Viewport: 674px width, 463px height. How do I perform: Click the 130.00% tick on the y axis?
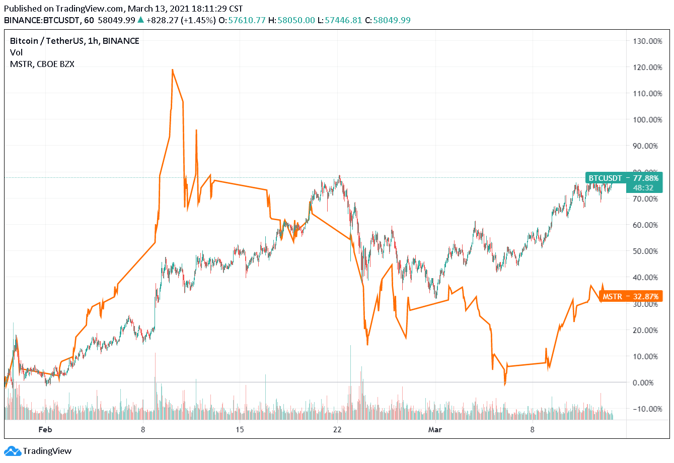point(647,41)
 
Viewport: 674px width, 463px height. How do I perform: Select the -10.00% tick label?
point(647,409)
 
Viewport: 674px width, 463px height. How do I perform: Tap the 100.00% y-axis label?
point(647,119)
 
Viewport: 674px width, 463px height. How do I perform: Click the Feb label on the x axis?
point(45,429)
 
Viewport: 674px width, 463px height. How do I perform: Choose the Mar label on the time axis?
point(435,429)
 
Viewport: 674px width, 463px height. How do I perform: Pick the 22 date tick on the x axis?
point(337,429)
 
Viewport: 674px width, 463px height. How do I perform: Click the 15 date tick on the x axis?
point(240,429)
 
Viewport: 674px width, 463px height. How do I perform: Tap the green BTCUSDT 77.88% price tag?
point(623,178)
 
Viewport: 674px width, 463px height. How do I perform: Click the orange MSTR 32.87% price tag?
point(630,296)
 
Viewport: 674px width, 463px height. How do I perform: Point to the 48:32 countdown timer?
point(643,188)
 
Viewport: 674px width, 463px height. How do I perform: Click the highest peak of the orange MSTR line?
point(173,70)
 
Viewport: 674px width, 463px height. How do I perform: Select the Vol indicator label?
point(16,52)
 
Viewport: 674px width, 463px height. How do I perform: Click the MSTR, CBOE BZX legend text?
point(42,64)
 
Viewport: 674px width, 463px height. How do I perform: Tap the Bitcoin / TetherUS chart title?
point(74,41)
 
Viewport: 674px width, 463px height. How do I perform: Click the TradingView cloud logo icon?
point(12,451)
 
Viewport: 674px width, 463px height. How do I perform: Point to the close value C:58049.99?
point(388,20)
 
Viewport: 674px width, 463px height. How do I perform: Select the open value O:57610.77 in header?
point(247,20)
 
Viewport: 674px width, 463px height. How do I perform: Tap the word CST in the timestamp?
point(236,9)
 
